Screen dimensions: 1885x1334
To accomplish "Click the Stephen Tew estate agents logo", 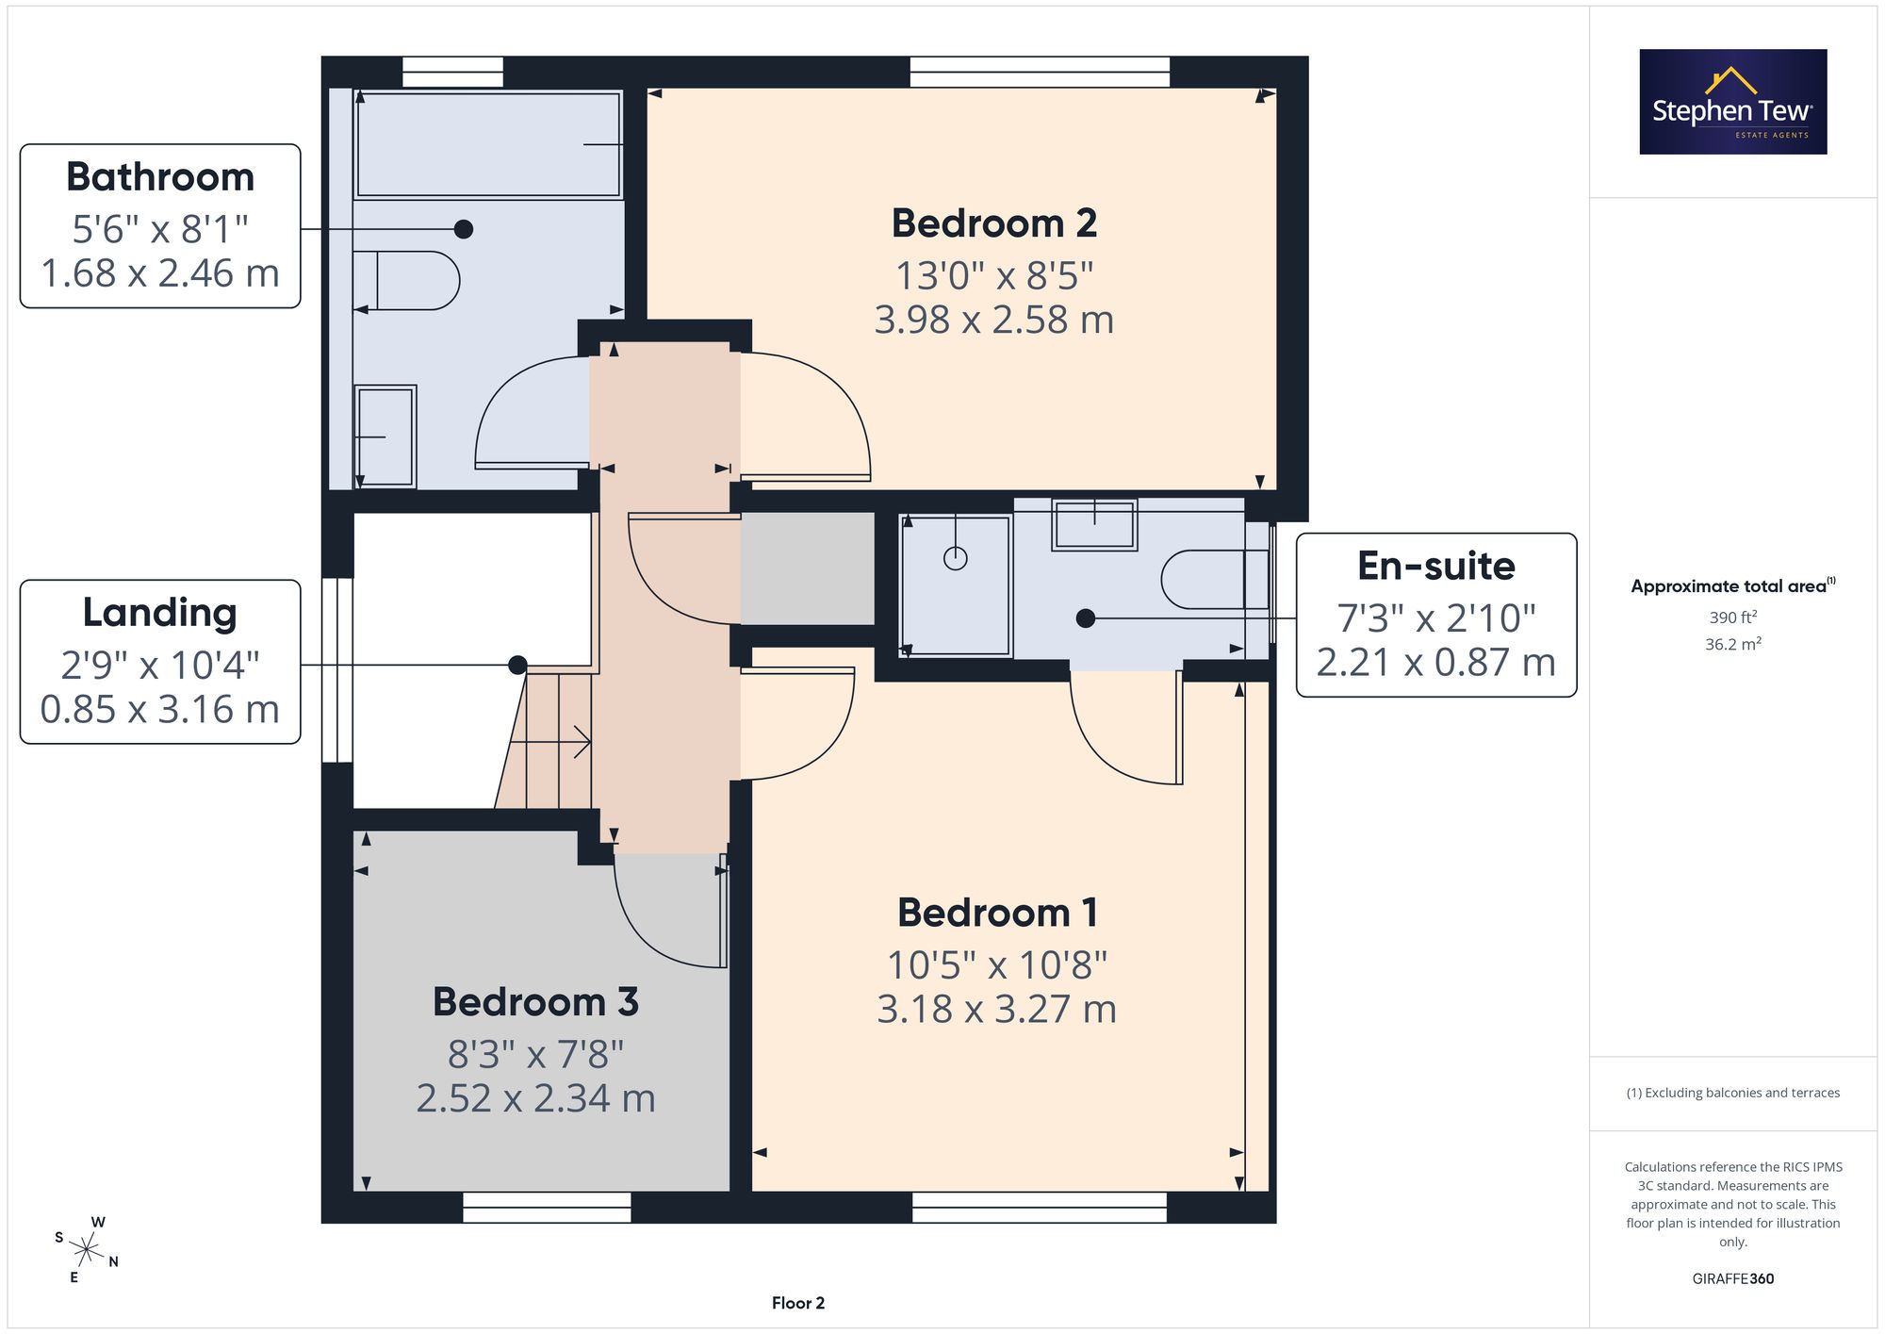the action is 1733,102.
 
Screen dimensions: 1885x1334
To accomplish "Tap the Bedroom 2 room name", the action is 994,223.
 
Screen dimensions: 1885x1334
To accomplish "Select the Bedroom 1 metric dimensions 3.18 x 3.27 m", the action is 996,1009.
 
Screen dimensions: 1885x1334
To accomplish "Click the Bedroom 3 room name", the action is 535,1001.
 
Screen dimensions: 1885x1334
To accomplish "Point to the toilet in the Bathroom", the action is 406,280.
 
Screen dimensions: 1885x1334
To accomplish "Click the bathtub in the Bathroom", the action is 488,144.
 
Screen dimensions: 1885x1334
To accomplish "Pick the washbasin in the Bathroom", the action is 385,436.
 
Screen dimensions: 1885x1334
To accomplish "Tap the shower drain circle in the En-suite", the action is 956,559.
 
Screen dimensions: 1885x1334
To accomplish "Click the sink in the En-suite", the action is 1094,525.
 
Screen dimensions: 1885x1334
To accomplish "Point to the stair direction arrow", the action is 550,743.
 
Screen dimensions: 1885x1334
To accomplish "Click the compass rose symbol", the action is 87,1250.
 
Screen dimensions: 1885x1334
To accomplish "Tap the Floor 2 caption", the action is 798,1303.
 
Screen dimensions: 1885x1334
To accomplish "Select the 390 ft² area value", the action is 1733,618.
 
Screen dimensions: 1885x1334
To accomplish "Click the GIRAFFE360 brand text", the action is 1733,1278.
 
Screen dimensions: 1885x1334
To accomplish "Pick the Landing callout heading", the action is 160,612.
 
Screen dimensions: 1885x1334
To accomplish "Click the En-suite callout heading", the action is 1436,566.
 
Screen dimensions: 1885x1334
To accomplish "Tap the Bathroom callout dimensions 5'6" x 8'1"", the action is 160,229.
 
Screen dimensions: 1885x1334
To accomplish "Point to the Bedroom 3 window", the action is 547,1208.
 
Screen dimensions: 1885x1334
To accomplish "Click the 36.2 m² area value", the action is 1733,644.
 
